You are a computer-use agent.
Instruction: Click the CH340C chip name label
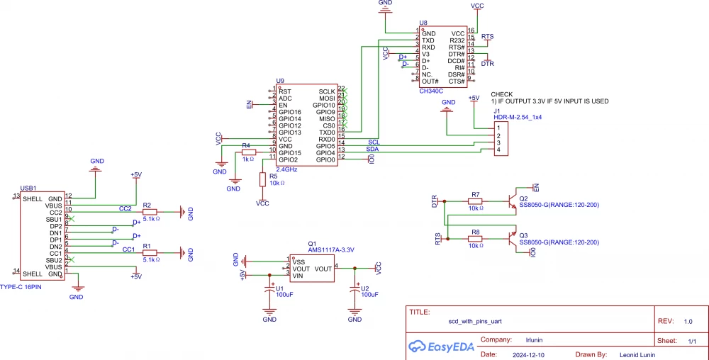pos(431,91)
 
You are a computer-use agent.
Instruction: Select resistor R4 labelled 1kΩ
pos(247,152)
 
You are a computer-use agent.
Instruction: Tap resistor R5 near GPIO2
pos(262,179)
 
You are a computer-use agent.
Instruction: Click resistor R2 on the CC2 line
pos(150,211)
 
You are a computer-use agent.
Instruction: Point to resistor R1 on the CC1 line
pos(150,252)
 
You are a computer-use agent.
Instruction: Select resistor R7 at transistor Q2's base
pos(476,201)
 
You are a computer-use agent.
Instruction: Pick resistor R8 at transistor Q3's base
pos(476,240)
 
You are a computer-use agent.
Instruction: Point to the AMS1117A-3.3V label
pos(330,249)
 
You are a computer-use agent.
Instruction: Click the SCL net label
pos(374,142)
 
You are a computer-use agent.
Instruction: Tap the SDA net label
pos(372,150)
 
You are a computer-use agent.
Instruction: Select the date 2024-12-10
pos(528,354)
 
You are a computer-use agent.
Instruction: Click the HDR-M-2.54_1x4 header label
pos(518,117)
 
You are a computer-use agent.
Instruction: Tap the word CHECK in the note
pos(501,94)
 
